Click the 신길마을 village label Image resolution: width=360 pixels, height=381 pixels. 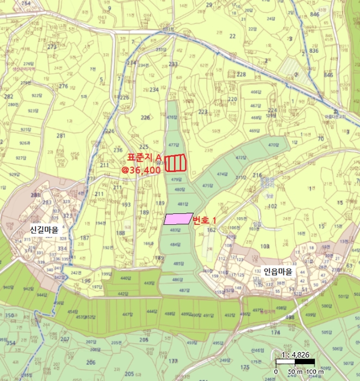(x=48, y=229)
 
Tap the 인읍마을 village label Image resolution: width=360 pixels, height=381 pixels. (x=278, y=271)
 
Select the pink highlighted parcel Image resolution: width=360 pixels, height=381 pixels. (x=178, y=219)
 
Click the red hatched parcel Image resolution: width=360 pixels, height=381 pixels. (x=175, y=163)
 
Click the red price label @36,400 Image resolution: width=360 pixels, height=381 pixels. (x=141, y=170)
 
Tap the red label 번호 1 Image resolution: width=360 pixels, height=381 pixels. (x=204, y=220)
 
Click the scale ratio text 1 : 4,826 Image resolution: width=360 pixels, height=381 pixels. (x=296, y=354)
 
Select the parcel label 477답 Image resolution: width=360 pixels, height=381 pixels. (x=173, y=145)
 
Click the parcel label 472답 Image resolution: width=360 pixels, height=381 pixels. (x=241, y=158)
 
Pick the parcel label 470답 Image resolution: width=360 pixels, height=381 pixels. (x=273, y=145)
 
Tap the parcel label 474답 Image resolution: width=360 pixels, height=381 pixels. (x=221, y=174)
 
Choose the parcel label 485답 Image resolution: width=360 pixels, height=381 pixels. (x=176, y=263)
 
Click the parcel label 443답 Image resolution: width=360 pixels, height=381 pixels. (x=150, y=283)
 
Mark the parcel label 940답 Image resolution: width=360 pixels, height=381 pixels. (x=8, y=287)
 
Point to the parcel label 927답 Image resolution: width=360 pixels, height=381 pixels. (x=21, y=158)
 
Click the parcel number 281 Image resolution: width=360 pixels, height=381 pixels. (x=60, y=136)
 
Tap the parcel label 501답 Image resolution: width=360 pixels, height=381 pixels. (x=342, y=297)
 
